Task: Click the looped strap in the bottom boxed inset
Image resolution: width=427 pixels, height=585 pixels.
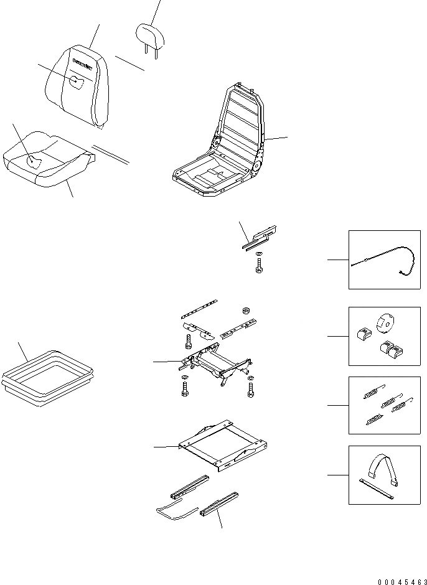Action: tap(381, 470)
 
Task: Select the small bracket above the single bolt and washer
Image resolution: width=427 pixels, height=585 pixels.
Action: tap(259, 236)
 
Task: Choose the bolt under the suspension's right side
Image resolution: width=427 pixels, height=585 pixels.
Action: tap(250, 389)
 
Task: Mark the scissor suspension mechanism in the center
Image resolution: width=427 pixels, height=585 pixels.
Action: tap(218, 362)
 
